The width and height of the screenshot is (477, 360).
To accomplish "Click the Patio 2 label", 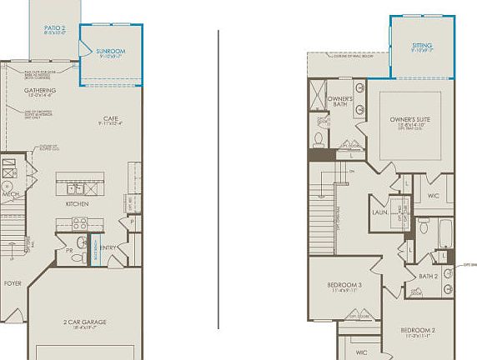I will pyautogui.click(x=55, y=27).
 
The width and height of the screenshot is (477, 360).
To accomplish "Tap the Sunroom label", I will pyautogui.click(x=111, y=52).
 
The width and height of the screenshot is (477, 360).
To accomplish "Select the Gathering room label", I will pyautogui.click(x=40, y=90).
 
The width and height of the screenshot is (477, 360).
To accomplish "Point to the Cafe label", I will pyautogui.click(x=110, y=118).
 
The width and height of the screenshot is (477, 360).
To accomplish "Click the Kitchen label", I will pyautogui.click(x=78, y=203).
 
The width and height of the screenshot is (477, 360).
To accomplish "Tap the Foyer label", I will pyautogui.click(x=13, y=283).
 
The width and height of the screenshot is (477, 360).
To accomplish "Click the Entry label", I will pyautogui.click(x=109, y=247).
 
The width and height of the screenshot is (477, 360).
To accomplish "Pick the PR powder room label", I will pyautogui.click(x=71, y=250).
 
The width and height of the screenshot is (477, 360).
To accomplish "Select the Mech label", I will pyautogui.click(x=10, y=194).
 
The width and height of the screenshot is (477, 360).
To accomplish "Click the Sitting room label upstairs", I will pyautogui.click(x=422, y=46).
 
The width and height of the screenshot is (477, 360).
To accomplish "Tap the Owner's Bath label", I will pyautogui.click(x=339, y=101).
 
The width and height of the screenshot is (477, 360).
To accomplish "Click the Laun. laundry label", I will pyautogui.click(x=379, y=212).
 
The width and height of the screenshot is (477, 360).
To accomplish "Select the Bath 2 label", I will pyautogui.click(x=429, y=276).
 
